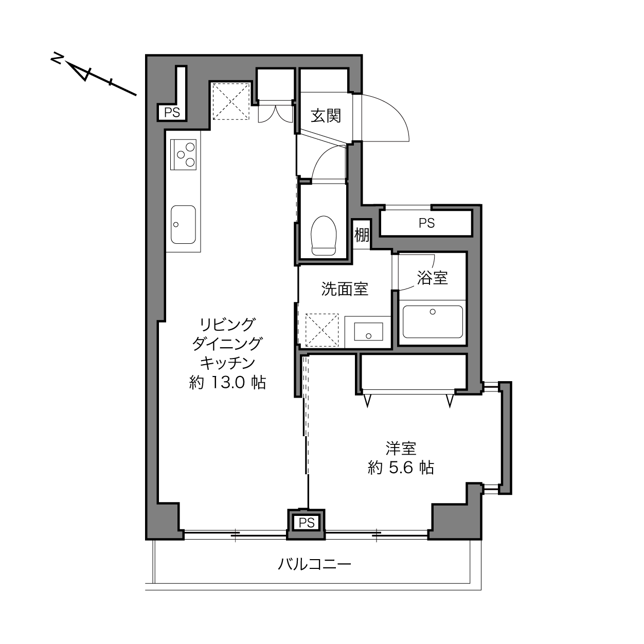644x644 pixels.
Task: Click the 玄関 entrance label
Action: pos(326,116)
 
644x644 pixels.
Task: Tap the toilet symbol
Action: pos(323,235)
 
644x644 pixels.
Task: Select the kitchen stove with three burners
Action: pos(183,154)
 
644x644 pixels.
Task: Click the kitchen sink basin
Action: pos(183,224)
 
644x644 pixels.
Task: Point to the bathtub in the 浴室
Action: pos(433,321)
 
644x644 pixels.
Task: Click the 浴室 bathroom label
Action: pos(432,278)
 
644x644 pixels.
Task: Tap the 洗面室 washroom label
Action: pos(345,289)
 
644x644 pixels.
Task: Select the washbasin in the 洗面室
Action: pos(368,331)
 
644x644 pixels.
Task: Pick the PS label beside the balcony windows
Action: pos(307,523)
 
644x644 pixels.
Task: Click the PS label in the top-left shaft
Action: pos(172,113)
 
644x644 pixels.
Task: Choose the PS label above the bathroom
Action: pos(427,223)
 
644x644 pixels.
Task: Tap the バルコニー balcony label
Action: pos(314,564)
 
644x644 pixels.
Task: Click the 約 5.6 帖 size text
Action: pos(401,468)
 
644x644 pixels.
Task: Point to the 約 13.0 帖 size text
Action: pos(227,382)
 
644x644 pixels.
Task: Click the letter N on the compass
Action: pos(57,59)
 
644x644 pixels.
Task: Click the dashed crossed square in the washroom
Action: pos(322,330)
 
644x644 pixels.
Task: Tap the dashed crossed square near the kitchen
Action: pos(231,101)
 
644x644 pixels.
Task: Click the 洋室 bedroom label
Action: pos(401,448)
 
